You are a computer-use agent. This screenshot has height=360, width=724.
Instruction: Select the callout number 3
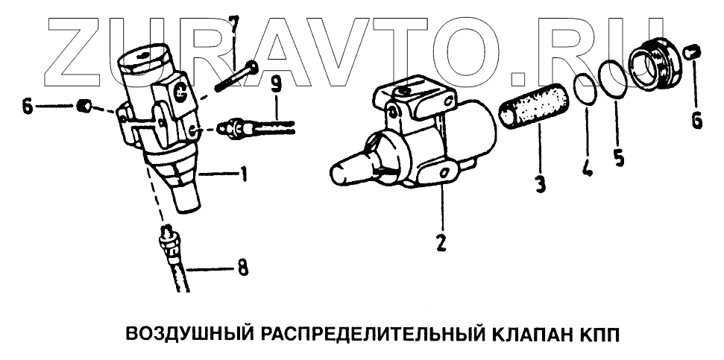[x=538, y=181]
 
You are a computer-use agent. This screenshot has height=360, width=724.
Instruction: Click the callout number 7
[x=234, y=28]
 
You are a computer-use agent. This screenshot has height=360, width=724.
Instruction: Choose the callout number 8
[x=243, y=266]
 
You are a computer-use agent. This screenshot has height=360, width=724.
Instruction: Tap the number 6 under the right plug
[x=696, y=119]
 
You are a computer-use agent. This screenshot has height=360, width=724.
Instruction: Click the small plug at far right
[x=691, y=52]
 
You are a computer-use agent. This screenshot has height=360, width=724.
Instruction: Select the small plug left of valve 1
[x=84, y=106]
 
